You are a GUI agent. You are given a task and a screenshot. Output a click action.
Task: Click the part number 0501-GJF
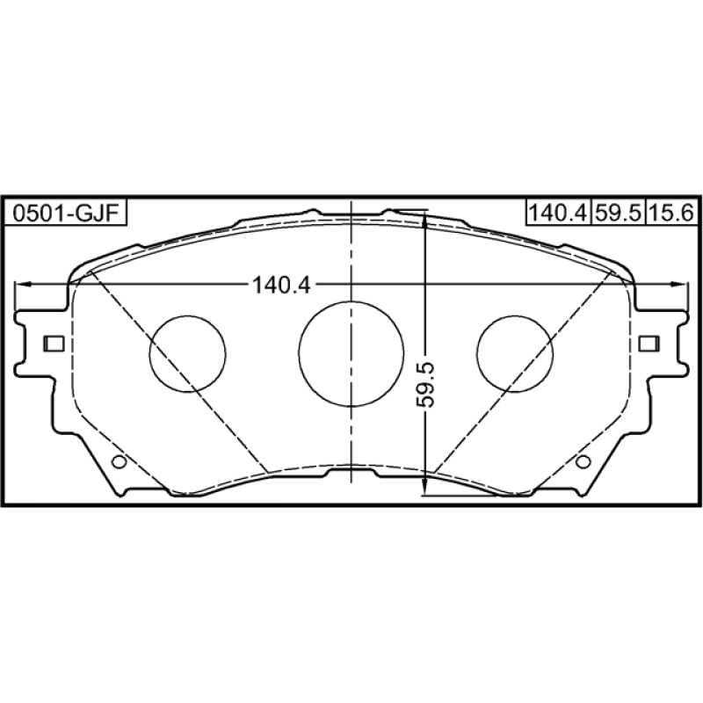click(x=65, y=213)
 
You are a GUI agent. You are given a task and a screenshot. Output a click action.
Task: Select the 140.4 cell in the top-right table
click(x=558, y=212)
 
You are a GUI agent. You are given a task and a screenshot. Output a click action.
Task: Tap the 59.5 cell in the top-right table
click(x=619, y=212)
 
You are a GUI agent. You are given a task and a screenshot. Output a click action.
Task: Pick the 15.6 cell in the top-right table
click(x=671, y=212)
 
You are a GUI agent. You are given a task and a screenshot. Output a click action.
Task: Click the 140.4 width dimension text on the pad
click(x=281, y=285)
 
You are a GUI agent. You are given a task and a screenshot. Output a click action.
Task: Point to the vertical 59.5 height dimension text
click(x=425, y=385)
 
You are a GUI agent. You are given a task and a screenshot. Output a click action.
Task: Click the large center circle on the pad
click(x=351, y=354)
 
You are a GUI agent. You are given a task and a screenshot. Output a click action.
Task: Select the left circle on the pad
click(x=187, y=354)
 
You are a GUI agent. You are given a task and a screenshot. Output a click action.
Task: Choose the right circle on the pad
click(x=515, y=354)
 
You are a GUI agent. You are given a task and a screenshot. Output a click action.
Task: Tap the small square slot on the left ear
click(x=54, y=344)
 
